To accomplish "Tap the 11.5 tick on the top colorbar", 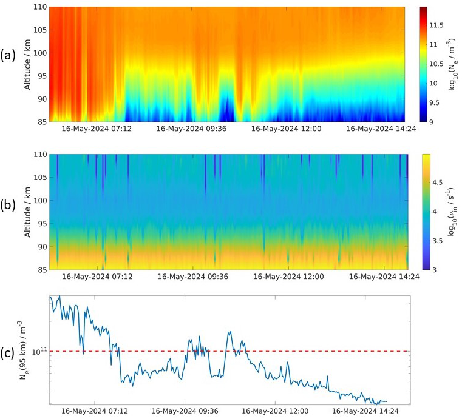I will click(x=438, y=25).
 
